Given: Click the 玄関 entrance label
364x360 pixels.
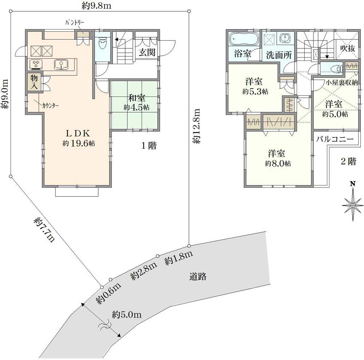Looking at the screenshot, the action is (147, 52).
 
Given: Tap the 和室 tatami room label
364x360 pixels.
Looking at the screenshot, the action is (137, 98).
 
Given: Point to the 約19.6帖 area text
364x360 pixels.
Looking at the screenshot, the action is (79, 144).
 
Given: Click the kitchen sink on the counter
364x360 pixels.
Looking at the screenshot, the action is (61, 64).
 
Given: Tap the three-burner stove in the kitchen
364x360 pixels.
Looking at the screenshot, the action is (36, 64).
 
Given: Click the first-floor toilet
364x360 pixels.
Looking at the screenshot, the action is (102, 44).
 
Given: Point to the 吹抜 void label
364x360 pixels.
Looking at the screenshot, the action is (348, 48).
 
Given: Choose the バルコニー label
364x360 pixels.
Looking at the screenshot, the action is (335, 139).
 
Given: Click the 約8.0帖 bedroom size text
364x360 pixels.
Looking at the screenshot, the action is (278, 163).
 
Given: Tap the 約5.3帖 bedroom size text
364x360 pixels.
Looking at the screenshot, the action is (255, 91).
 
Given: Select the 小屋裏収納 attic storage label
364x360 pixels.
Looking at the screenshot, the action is (342, 83).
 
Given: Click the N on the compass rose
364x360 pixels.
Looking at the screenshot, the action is (353, 184).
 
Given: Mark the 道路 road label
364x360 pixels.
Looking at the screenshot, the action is (198, 277).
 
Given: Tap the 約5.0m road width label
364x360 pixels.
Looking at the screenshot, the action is (127, 315).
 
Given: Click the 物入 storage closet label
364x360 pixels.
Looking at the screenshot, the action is (34, 82).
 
